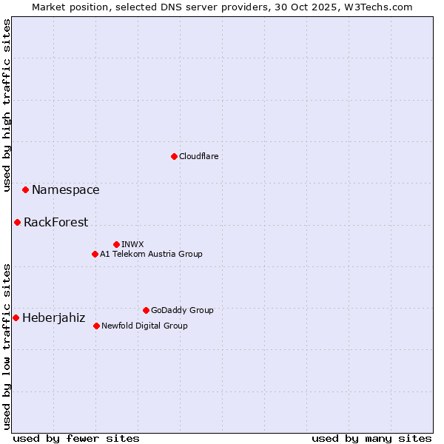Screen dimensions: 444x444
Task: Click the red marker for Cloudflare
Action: click(x=174, y=156)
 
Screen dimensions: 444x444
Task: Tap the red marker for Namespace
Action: click(x=25, y=190)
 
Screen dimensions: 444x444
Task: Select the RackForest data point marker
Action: click(x=17, y=222)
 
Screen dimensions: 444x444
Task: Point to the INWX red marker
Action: click(x=116, y=244)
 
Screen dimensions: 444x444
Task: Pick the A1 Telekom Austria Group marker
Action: click(x=95, y=254)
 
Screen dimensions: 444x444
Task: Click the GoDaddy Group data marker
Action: click(x=146, y=310)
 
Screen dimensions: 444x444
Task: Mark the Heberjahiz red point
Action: click(x=16, y=317)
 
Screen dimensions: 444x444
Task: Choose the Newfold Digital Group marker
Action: click(x=96, y=326)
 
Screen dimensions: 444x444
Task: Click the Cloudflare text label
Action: click(x=198, y=156)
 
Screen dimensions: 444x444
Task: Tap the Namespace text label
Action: click(x=65, y=190)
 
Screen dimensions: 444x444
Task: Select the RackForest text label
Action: click(x=55, y=222)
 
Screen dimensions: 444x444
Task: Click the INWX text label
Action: click(x=132, y=244)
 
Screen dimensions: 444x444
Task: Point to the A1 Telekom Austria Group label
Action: click(x=151, y=254)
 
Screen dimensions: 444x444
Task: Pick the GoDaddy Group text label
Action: click(x=182, y=310)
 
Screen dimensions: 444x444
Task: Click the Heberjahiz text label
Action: click(x=53, y=318)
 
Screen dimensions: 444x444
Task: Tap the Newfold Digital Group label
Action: click(x=144, y=326)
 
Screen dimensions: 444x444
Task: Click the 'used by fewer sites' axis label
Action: click(x=76, y=438)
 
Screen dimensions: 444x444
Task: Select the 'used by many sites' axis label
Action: click(x=371, y=438)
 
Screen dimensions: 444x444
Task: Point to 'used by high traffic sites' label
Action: click(x=7, y=106)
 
